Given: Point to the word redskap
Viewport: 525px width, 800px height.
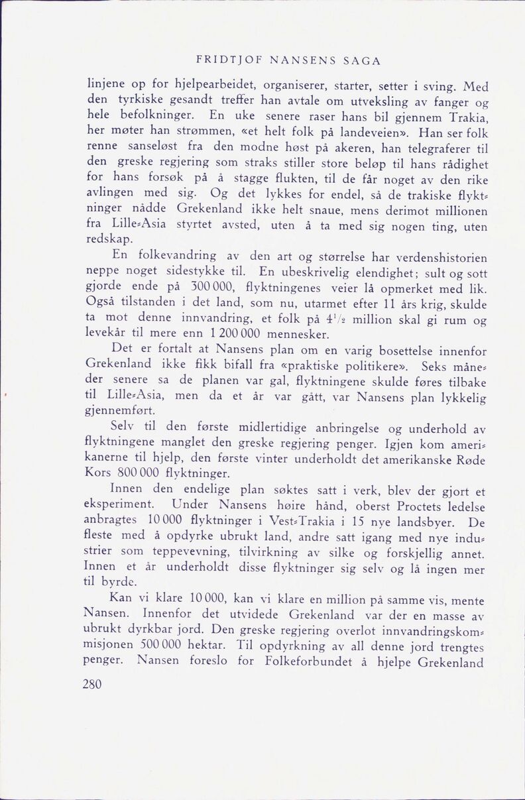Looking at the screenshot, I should [107, 240].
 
